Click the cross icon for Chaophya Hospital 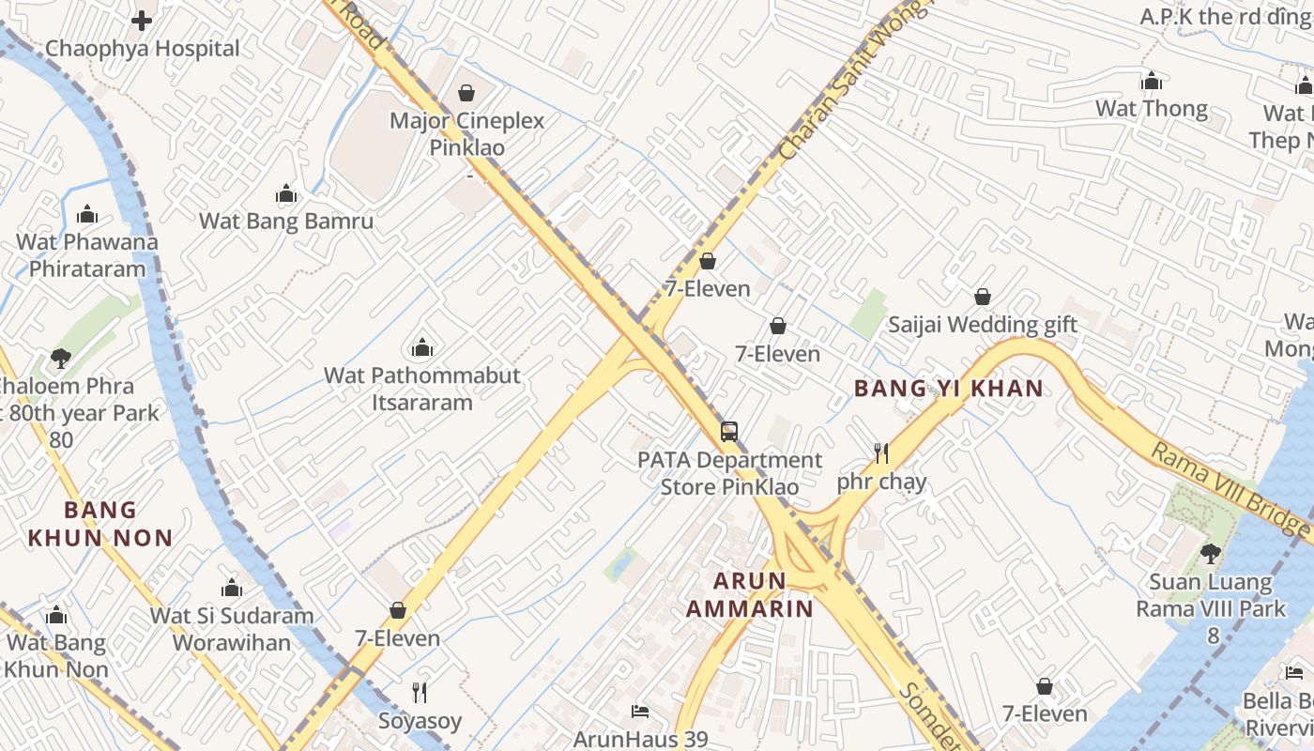point(142,20)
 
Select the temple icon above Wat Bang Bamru point(286,194)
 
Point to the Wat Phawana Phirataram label point(87,254)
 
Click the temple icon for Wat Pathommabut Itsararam point(422,347)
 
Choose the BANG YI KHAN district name point(948,388)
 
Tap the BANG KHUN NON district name point(100,524)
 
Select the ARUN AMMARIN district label point(749,594)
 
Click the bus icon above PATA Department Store point(729,432)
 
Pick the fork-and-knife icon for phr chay point(880,454)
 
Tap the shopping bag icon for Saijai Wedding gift point(983,297)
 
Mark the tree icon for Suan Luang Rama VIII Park point(1210,554)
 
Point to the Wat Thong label point(1152,109)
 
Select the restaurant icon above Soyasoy point(420,693)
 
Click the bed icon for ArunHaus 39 point(640,711)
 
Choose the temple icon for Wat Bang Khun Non point(57,616)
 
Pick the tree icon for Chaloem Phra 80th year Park point(61,358)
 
